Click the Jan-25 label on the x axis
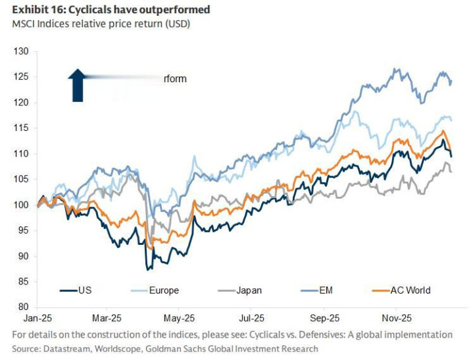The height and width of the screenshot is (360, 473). [x=37, y=317]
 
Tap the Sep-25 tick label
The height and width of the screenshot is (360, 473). [x=324, y=317]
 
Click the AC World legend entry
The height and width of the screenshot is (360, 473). [x=412, y=290]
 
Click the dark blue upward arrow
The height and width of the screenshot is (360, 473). [x=78, y=85]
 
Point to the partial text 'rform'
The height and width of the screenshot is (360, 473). [x=175, y=79]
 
